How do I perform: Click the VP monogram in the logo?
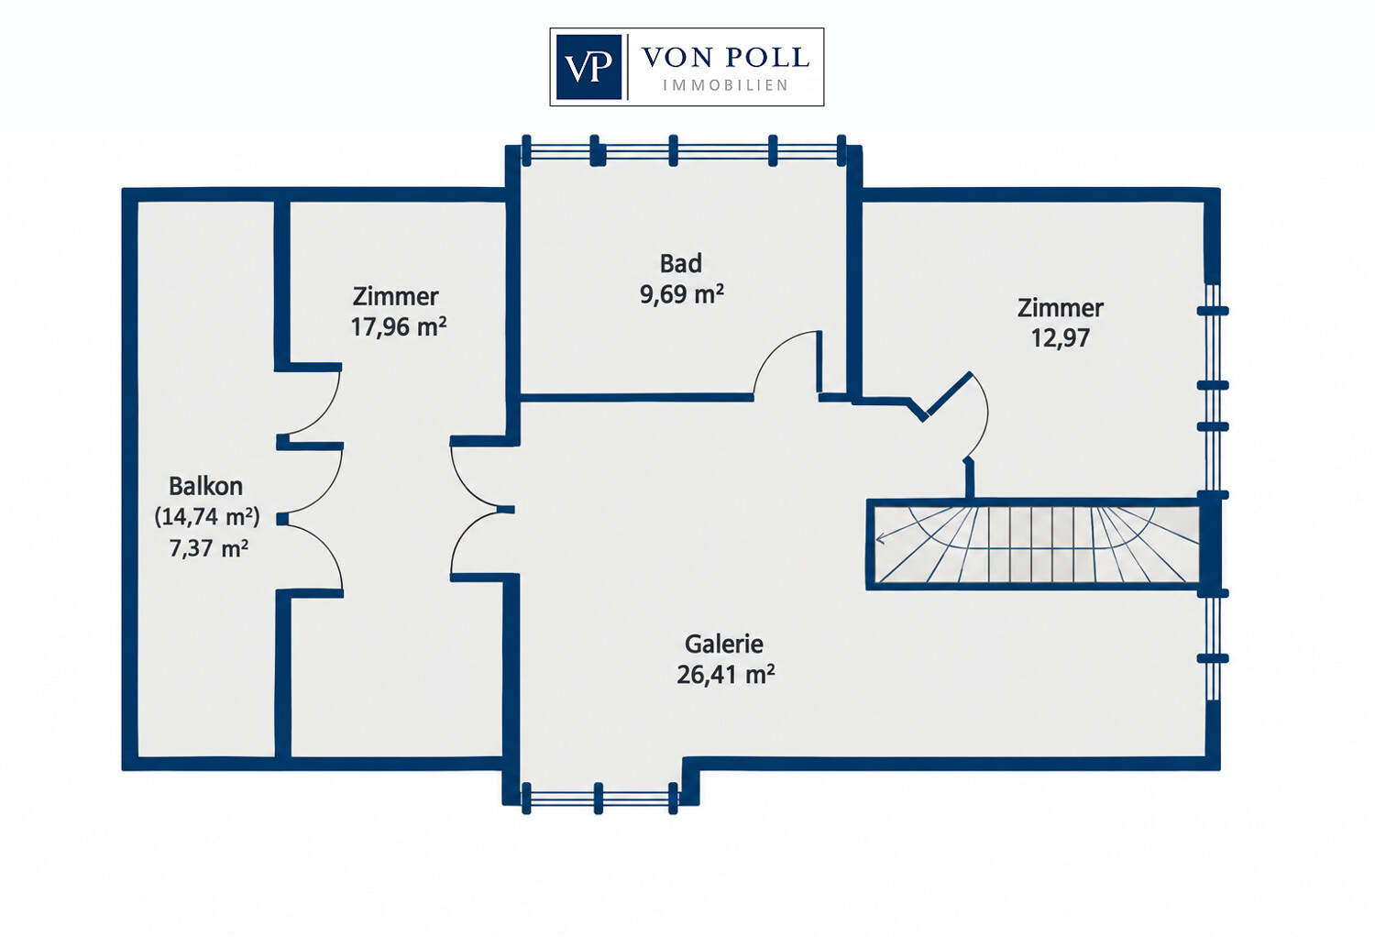pos(588,67)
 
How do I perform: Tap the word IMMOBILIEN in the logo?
pos(726,86)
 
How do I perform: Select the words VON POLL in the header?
pos(726,58)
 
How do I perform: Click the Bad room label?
pos(681,263)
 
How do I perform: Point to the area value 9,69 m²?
pos(682,294)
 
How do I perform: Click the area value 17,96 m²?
pos(399,326)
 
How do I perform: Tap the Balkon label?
pos(205,486)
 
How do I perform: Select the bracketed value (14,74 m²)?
pos(207,517)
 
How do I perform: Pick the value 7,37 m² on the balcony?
pos(209,547)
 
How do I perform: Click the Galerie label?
pos(724,645)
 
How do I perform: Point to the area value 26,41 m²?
pos(726,675)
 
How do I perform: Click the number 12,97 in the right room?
pos(1060,338)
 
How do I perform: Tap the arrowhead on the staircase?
pos(880,539)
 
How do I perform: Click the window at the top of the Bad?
pos(684,150)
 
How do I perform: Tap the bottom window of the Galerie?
pos(599,799)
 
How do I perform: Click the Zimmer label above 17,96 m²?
pos(395,296)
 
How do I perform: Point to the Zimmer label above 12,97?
pos(1060,308)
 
